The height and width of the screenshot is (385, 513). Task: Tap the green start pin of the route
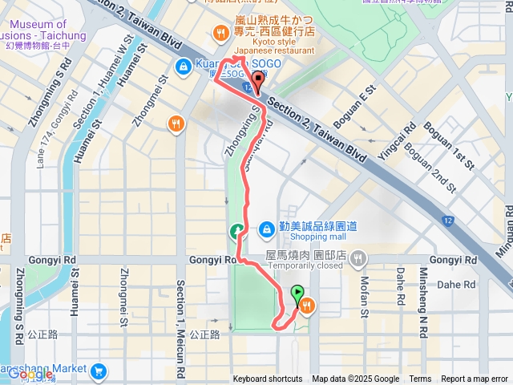298,294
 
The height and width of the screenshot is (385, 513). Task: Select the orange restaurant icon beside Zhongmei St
176,124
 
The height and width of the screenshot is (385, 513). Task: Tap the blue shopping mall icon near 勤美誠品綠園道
265,229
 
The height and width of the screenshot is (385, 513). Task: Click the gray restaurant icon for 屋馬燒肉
357,259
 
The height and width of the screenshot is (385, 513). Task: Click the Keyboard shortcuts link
268,379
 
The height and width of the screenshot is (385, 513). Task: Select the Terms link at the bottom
420,379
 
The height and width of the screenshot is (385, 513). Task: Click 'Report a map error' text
475,379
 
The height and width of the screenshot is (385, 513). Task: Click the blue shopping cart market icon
99,371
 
